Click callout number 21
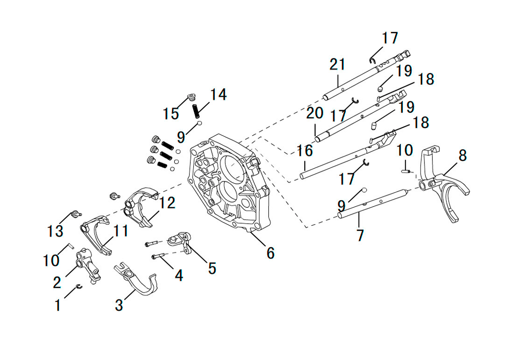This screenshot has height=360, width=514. point(337,64)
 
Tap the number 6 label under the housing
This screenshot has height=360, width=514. point(270,253)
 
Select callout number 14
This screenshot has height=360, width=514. point(218,95)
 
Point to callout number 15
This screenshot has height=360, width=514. point(171,114)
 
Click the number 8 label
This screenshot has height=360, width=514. point(462,155)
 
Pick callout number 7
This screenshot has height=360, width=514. point(360,235)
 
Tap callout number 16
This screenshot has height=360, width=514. point(304,151)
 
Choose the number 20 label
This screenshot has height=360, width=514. point(315,113)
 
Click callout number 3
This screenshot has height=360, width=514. point(119,305)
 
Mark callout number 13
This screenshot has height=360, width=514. point(55,231)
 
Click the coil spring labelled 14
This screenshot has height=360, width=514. point(195,111)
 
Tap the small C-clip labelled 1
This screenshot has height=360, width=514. point(79,287)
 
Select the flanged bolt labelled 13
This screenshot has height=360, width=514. point(76,214)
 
